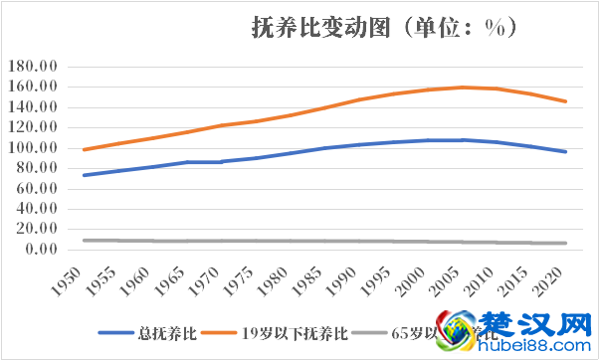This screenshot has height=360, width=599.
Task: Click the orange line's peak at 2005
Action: click(x=463, y=88)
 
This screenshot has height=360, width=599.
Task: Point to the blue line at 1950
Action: click(x=84, y=175)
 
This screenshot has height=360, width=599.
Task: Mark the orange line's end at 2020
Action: click(x=566, y=101)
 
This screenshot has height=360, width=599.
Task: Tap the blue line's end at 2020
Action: click(x=566, y=151)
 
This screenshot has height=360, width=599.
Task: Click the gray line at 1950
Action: click(x=84, y=240)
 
